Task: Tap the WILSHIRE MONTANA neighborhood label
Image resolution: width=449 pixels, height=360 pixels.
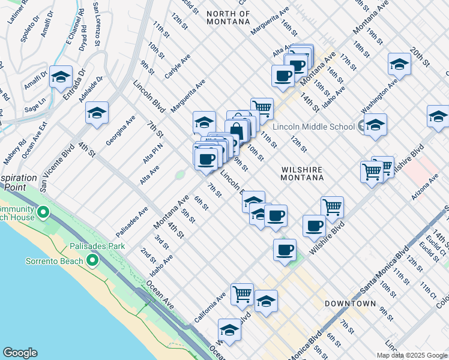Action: [303, 173]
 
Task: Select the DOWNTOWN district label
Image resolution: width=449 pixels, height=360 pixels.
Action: [350, 304]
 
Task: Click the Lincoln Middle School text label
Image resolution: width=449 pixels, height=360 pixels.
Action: [313, 127]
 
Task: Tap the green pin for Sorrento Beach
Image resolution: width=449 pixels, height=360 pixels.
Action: [92, 260]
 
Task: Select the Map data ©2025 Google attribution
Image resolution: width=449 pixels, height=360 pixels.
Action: [412, 355]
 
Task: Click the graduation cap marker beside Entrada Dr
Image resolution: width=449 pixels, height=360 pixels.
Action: [61, 77]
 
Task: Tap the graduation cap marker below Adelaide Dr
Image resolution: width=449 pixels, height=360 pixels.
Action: [97, 112]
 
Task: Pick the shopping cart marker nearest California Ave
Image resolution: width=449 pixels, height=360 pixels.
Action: [241, 294]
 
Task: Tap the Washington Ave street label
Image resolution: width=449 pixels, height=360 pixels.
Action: [379, 97]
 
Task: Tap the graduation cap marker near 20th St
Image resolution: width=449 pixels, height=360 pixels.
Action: [399, 64]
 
